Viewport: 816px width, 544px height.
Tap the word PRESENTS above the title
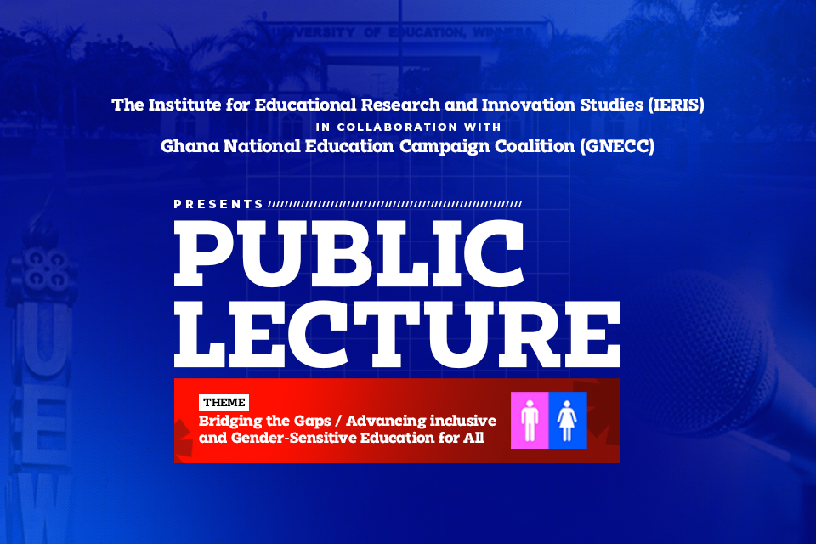coord(218,205)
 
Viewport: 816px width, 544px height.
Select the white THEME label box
coord(224,402)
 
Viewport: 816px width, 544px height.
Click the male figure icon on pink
coord(530,421)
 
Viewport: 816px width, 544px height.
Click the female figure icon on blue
coord(568,421)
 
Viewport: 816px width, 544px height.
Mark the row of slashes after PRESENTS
coord(394,205)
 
